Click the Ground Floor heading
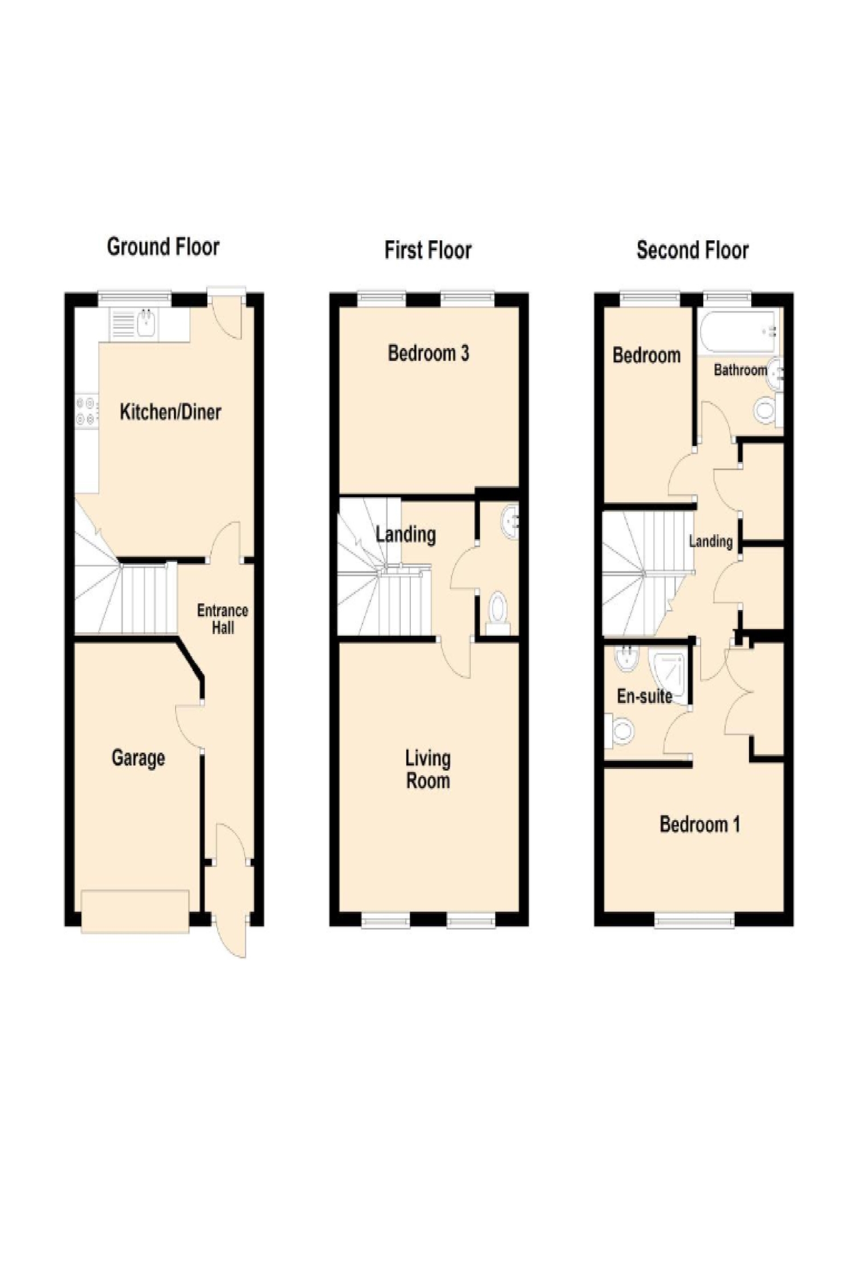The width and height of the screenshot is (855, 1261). point(163,247)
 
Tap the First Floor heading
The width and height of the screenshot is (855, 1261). point(428,250)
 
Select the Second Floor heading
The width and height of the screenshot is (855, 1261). point(693,250)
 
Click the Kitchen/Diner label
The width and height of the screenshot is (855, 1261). point(170,412)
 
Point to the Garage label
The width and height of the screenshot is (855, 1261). point(139,758)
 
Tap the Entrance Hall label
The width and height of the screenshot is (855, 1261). point(223,619)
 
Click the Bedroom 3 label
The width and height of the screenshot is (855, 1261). point(429,353)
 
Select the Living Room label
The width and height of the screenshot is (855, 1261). point(428,769)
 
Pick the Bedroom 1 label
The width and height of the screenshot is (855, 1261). point(700,824)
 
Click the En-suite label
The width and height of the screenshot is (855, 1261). point(645,696)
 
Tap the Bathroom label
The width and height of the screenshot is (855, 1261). point(740,370)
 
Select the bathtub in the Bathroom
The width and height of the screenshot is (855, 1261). point(738,332)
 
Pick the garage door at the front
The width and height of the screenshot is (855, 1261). point(135,912)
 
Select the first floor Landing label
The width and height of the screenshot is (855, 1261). point(406,534)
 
